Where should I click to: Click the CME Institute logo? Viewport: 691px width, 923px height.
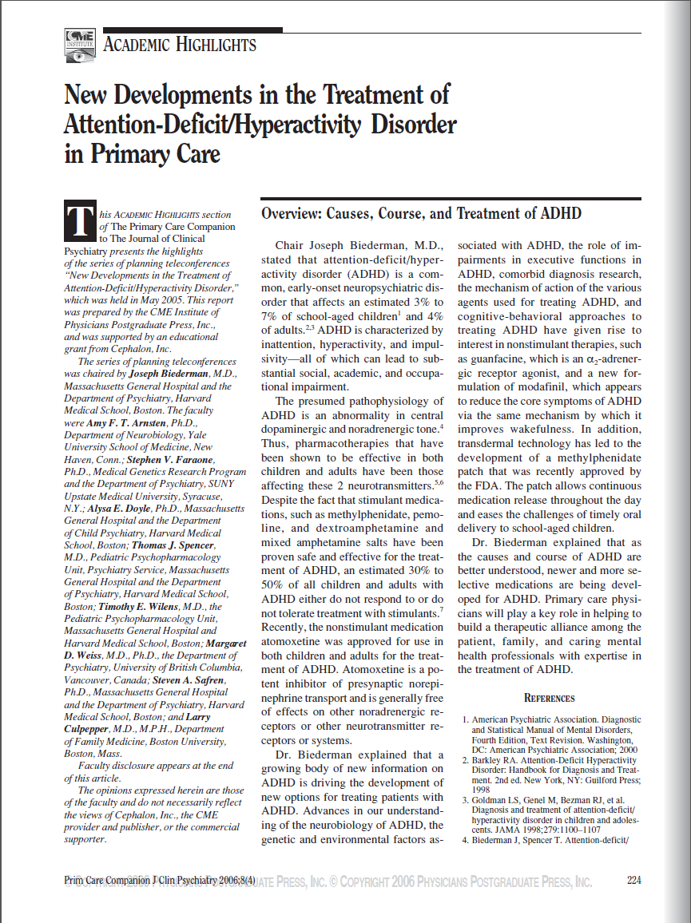pos(80,46)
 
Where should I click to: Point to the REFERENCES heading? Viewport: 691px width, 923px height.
pos(549,698)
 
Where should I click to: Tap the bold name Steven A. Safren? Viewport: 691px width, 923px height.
pos(183,680)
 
